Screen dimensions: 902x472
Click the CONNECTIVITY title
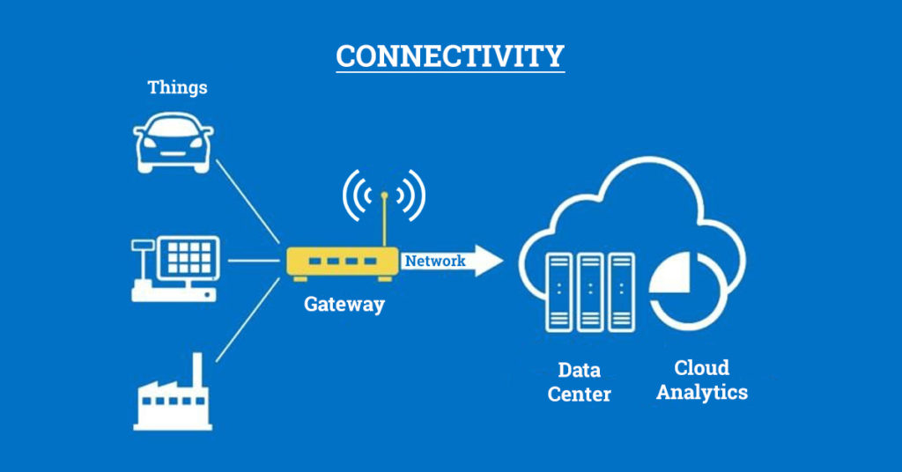point(450,56)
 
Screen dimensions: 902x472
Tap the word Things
point(177,88)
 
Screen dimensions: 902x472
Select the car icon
point(174,143)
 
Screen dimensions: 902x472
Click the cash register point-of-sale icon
point(175,269)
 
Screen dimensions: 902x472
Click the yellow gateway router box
point(343,263)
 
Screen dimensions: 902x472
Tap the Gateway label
point(344,304)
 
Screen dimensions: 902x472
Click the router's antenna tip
point(384,195)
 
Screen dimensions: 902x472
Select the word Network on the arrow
point(435,261)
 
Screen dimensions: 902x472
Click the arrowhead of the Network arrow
point(488,261)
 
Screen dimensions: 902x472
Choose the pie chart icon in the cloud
point(684,290)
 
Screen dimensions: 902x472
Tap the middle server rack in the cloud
point(590,292)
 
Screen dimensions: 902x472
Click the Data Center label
point(579,382)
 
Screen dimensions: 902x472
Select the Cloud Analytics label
point(702,380)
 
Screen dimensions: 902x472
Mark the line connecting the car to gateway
point(248,202)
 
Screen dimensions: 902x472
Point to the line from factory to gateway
point(248,321)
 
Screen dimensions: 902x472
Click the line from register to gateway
point(254,261)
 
